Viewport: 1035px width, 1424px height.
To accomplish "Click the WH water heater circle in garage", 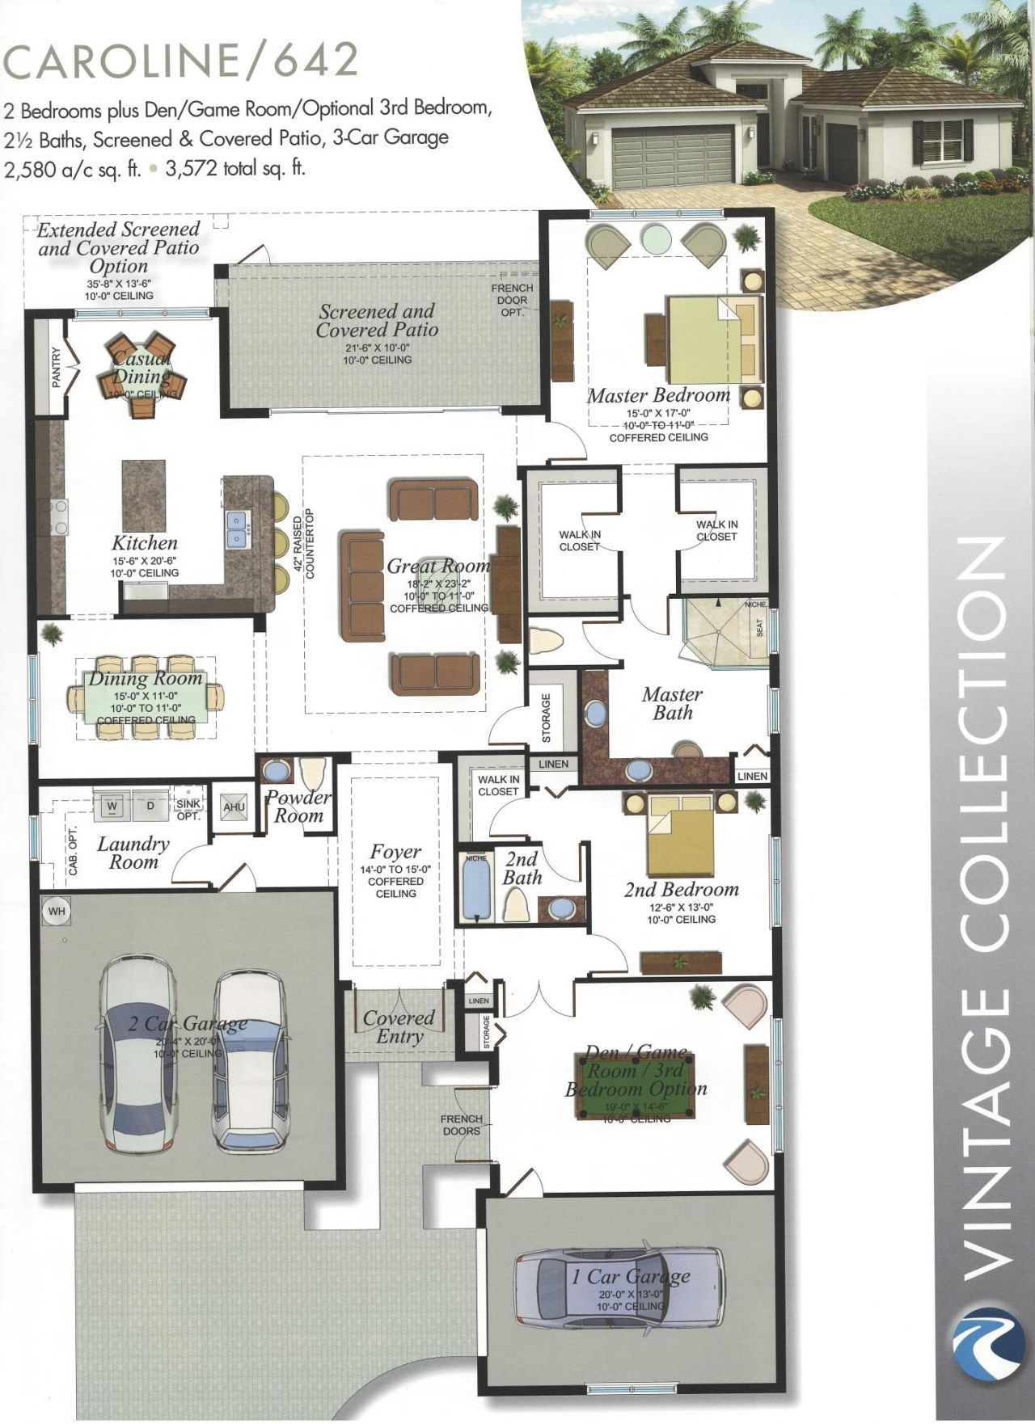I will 57,912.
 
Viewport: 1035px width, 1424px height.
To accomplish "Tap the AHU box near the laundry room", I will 234,807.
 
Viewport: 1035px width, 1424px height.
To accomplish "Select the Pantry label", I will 57,368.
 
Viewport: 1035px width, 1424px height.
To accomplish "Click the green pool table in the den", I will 636,1087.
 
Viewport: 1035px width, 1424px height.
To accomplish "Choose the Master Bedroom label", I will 658,395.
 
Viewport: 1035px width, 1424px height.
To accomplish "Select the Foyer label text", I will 395,852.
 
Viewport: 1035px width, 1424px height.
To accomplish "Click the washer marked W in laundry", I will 112,807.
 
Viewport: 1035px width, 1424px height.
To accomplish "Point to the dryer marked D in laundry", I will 150,807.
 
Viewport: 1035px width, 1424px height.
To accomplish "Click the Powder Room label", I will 298,807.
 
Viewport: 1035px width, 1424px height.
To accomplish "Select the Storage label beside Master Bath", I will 547,718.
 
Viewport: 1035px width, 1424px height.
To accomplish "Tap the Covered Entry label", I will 399,1027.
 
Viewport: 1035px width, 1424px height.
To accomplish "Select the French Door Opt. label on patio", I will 513,300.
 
